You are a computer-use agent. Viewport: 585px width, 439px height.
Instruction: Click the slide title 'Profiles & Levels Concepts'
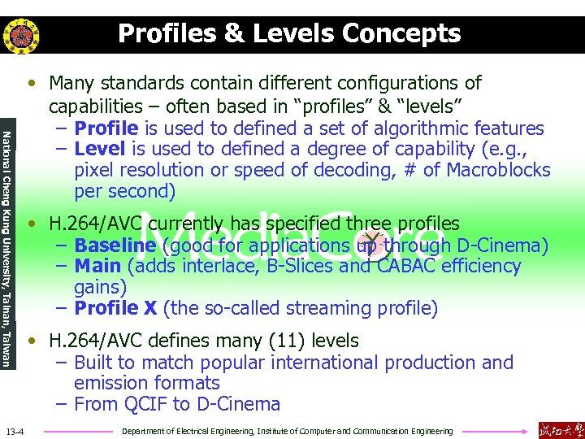[289, 33]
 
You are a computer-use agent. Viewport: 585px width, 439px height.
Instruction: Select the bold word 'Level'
[99, 150]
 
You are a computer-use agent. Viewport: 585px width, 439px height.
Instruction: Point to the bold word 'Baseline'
[115, 246]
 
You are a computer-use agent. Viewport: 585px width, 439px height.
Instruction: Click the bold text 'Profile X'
[115, 308]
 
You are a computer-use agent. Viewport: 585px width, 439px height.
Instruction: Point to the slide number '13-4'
[15, 430]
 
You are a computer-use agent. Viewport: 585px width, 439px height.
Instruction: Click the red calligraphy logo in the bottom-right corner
[560, 429]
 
